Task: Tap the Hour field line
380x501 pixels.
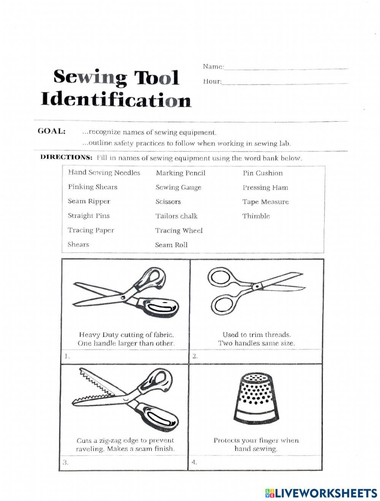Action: coord(284,82)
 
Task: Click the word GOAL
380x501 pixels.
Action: coord(52,131)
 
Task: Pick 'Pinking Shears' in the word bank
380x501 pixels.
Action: coord(93,187)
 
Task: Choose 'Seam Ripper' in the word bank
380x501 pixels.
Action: coord(89,201)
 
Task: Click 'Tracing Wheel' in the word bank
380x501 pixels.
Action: coord(179,231)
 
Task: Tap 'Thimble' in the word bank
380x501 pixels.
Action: coord(256,216)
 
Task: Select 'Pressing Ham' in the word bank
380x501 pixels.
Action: coord(265,188)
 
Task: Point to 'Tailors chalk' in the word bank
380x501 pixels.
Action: coord(177,216)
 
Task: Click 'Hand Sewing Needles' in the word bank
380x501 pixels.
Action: coord(104,173)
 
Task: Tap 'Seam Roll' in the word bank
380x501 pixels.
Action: coord(171,245)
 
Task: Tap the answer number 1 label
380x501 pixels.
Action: coord(66,356)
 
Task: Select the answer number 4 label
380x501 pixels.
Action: coord(194,462)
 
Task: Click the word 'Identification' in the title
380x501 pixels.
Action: coord(116,100)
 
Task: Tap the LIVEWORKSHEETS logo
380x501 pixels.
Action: coord(321,493)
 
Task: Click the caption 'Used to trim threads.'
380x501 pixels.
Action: coord(256,335)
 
